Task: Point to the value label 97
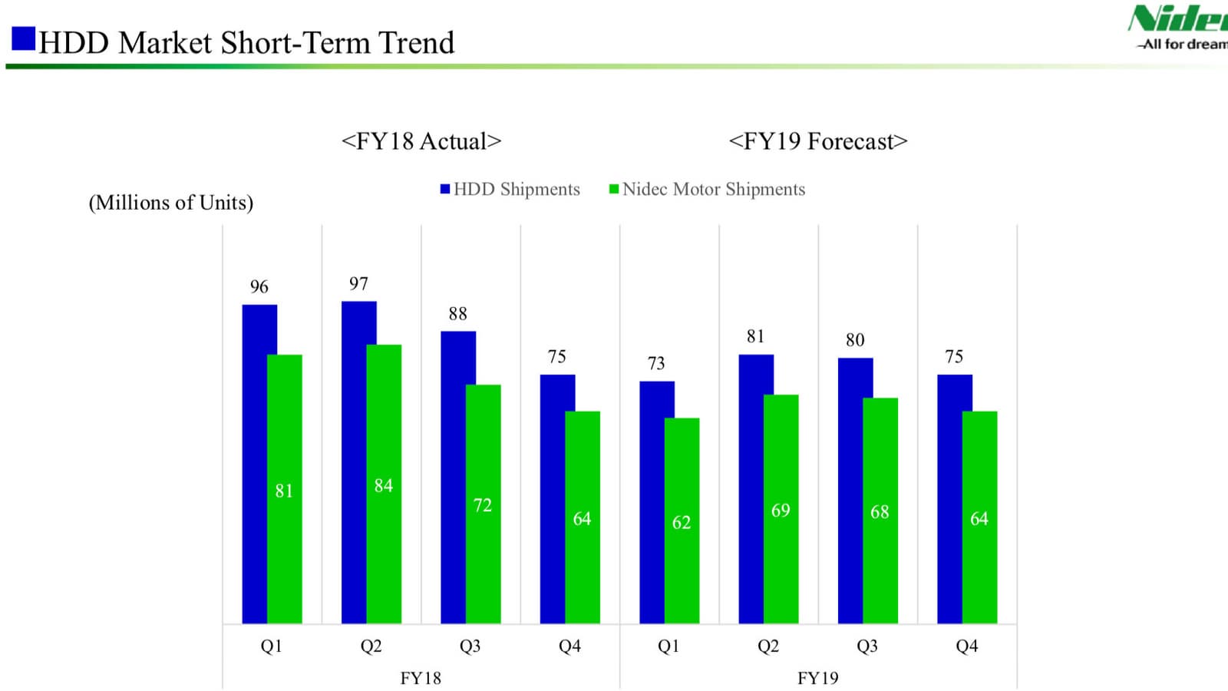point(358,284)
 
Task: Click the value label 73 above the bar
point(656,363)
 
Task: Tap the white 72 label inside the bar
point(482,505)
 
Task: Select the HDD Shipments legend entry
point(510,190)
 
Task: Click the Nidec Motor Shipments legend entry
point(707,190)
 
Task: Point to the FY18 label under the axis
point(421,678)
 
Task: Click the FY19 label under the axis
point(817,678)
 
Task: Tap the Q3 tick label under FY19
point(867,646)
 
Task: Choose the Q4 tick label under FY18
point(569,646)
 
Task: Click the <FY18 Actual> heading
point(421,141)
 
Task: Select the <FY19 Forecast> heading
point(817,141)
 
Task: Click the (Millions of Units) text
point(171,203)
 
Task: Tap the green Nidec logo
point(1178,19)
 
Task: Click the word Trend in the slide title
point(416,43)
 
